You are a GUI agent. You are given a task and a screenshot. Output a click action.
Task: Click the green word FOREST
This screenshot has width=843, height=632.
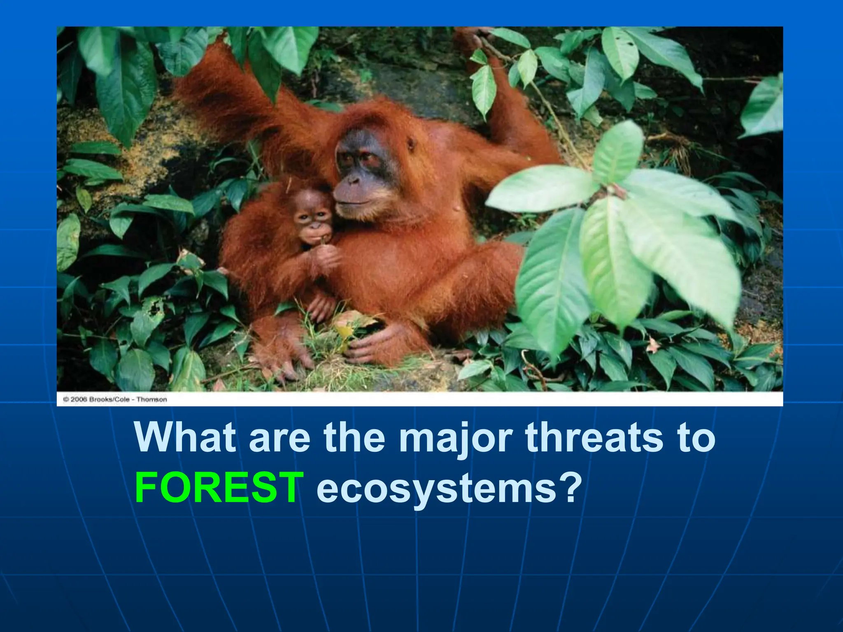pos(219,488)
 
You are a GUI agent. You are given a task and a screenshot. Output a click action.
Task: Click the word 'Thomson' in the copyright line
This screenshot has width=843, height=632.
pos(151,400)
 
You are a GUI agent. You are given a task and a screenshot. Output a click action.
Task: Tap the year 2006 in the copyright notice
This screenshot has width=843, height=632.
pos(79,400)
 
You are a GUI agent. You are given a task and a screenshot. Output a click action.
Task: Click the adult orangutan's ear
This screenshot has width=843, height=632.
pos(411,144)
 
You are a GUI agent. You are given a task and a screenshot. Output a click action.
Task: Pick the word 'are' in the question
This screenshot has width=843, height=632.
pos(279,439)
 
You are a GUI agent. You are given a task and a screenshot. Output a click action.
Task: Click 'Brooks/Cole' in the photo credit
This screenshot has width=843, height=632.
pos(109,400)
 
